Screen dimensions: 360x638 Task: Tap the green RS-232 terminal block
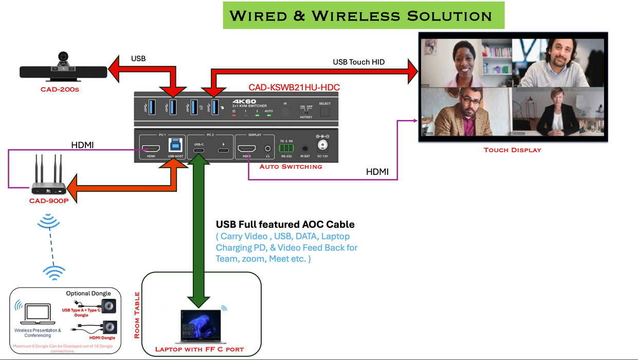(x=286, y=149)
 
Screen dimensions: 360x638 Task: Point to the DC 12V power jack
(x=323, y=146)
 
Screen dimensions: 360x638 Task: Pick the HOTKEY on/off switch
(x=306, y=111)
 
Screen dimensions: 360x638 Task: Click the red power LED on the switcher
(x=234, y=116)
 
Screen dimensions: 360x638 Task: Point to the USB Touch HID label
(x=359, y=62)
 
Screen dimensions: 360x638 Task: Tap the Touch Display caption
(x=513, y=150)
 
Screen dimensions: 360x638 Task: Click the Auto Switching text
(x=290, y=167)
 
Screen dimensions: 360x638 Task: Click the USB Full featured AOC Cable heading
(x=285, y=225)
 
